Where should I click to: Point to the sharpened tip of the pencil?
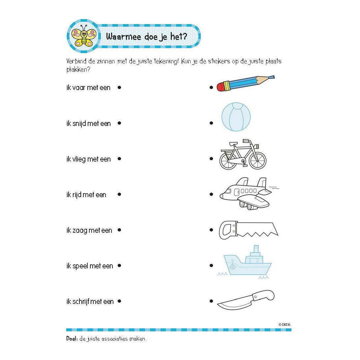(x=271, y=77)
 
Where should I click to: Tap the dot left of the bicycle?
(x=211, y=159)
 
